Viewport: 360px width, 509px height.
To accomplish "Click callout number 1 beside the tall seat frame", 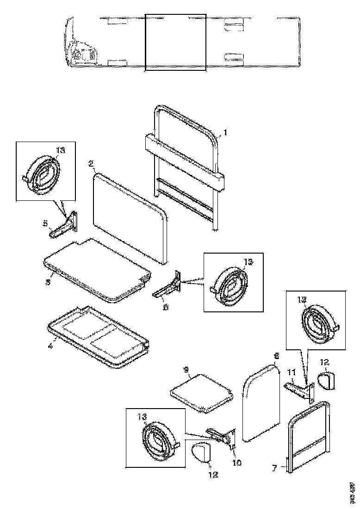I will click(225, 133).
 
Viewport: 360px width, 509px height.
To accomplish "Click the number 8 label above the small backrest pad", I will click(276, 356).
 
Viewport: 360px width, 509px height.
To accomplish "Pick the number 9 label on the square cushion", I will click(186, 370).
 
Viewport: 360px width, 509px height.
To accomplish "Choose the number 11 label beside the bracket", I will click(292, 372).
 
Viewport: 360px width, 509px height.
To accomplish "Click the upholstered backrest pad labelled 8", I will click(261, 403).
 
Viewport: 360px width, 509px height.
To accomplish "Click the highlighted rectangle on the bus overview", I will click(175, 42).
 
